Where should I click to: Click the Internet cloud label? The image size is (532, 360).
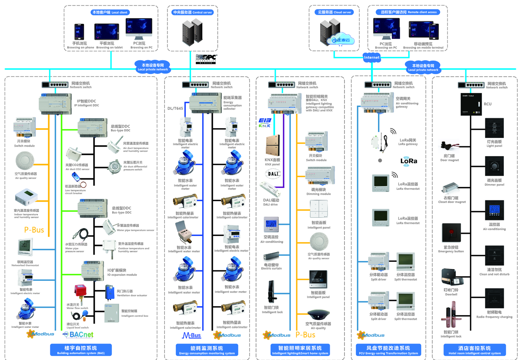371,57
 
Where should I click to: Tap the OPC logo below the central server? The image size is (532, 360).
206,59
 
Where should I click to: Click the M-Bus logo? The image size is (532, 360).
191,335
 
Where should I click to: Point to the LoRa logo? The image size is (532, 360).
409,161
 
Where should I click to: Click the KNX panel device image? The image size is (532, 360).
273,145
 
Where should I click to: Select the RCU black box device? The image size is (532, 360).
471,104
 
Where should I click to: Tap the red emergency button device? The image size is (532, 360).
451,232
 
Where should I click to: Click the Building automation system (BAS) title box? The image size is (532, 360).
81,349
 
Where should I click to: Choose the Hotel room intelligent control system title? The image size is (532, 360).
474,350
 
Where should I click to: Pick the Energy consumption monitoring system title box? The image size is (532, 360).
207,350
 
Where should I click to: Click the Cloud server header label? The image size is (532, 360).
334,12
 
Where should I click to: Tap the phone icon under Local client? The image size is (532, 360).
79,32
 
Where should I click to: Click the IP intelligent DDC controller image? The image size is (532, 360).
55,103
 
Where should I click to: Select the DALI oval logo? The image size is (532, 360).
273,174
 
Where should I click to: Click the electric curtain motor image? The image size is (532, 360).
271,257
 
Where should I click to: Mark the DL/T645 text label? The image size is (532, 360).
175,108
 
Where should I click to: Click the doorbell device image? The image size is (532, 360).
452,278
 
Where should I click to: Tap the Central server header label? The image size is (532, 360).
192,12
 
